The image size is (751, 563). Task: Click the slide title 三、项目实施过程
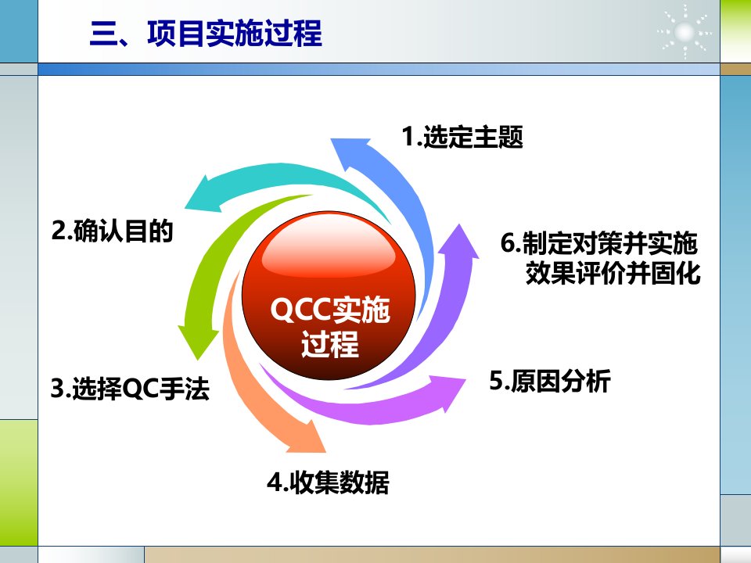[x=206, y=33]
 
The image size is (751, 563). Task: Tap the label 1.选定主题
[x=462, y=136]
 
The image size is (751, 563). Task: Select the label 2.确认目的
[x=112, y=231]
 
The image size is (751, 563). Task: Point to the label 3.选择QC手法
[x=130, y=388]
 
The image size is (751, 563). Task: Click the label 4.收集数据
[x=328, y=482]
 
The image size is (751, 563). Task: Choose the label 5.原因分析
[x=550, y=381]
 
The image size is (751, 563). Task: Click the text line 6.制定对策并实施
[x=598, y=242]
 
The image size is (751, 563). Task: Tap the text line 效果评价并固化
[x=613, y=274]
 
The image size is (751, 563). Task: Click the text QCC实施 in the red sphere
[x=330, y=310]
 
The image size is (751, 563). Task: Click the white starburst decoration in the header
[x=684, y=33]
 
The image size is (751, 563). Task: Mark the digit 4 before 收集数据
[x=275, y=482]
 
